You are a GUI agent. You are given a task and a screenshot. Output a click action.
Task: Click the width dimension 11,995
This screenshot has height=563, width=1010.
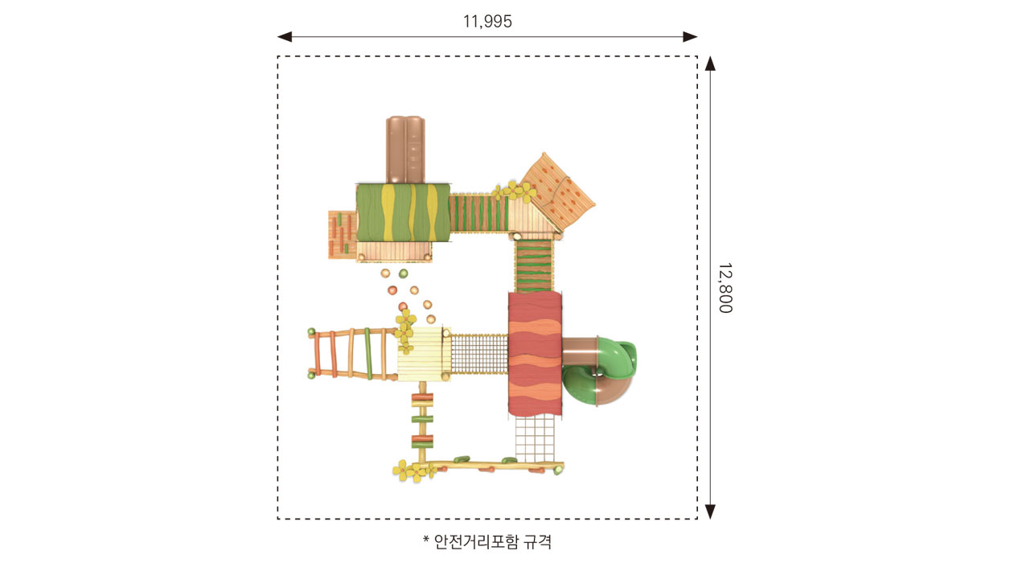tap(487, 22)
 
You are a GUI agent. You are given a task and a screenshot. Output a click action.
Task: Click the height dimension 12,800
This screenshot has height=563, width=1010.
tap(725, 287)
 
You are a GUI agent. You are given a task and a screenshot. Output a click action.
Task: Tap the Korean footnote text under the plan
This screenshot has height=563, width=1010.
tap(487, 541)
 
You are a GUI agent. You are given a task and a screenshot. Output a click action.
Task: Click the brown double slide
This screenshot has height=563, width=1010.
tap(405, 150)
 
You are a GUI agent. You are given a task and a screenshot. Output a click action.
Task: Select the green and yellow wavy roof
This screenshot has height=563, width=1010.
tap(403, 212)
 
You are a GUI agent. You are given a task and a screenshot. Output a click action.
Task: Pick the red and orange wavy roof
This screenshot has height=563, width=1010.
tap(536, 354)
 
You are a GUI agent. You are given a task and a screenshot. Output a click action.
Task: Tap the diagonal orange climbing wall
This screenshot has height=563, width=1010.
tap(558, 191)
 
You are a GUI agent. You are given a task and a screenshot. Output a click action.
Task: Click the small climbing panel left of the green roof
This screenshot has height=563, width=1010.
tap(343, 235)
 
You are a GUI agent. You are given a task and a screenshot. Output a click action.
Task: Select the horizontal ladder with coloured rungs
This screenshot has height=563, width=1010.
tap(352, 354)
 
